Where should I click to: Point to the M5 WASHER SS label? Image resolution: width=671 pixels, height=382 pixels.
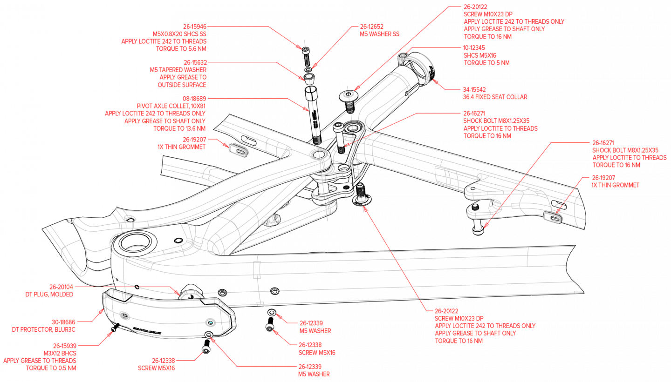pos(380,34)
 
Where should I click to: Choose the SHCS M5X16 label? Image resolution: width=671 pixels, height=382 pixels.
pos(480,55)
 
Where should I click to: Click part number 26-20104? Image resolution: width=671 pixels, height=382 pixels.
pos(61,287)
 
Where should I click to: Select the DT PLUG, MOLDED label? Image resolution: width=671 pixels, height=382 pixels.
pos(49,295)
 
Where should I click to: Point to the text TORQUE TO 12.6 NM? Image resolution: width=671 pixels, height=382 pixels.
pos(179,128)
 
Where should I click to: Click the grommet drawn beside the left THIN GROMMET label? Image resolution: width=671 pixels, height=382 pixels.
pos(239,150)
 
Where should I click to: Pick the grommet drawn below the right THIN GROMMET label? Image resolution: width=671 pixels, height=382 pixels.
pos(552,216)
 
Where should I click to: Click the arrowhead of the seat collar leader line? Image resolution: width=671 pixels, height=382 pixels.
pos(433,81)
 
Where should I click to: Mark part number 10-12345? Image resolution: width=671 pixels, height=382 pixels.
pos(475,47)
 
